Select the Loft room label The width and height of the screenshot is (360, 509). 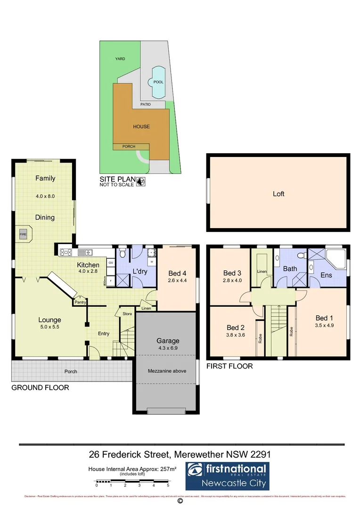pyautogui.click(x=278, y=194)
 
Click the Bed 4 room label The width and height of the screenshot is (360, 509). pyautogui.click(x=177, y=273)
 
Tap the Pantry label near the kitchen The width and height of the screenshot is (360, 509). pyautogui.click(x=80, y=302)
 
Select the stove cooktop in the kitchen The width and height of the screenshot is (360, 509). pyautogui.click(x=65, y=252)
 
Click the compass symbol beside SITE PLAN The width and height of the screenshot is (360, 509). pyautogui.click(x=140, y=181)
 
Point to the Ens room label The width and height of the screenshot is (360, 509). pyautogui.click(x=326, y=275)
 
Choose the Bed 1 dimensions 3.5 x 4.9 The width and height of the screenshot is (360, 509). pyautogui.click(x=324, y=325)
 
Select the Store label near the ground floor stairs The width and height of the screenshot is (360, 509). pyautogui.click(x=127, y=313)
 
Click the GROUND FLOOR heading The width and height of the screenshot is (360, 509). pyautogui.click(x=40, y=388)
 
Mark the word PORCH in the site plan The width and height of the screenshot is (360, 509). pyautogui.click(x=129, y=147)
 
